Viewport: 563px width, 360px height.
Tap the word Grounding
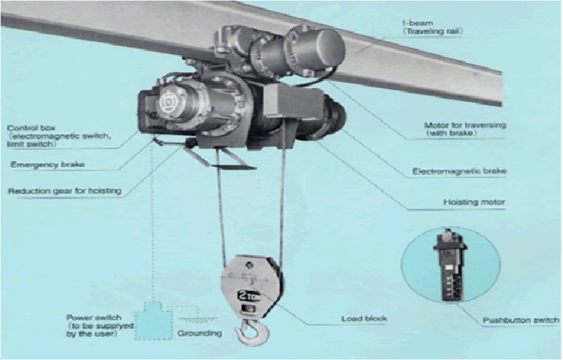click(200, 333)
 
